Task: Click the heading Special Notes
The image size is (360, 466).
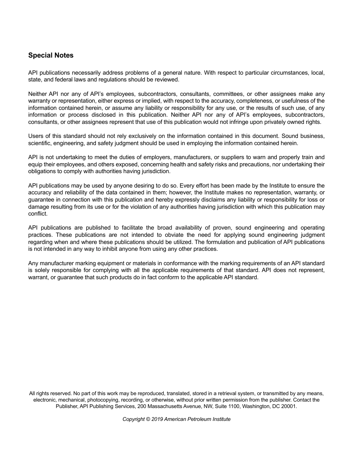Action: coord(51,55)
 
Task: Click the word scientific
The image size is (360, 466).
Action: coord(39,143)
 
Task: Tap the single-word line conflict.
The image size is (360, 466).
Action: coord(38,214)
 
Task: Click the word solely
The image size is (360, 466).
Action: coord(42,270)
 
